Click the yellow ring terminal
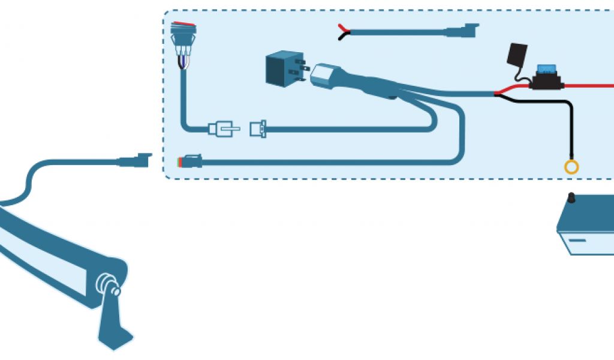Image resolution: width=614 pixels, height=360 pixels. (571, 167)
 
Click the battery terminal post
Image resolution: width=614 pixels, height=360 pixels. (571, 197)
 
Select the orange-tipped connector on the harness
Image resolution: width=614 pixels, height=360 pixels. (181, 162)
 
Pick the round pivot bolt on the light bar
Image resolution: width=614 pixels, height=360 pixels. (108, 282)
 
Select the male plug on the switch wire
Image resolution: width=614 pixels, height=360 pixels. (223, 128)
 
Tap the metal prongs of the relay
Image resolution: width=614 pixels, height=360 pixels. (305, 67)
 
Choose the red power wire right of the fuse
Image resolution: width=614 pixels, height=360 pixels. (591, 86)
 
